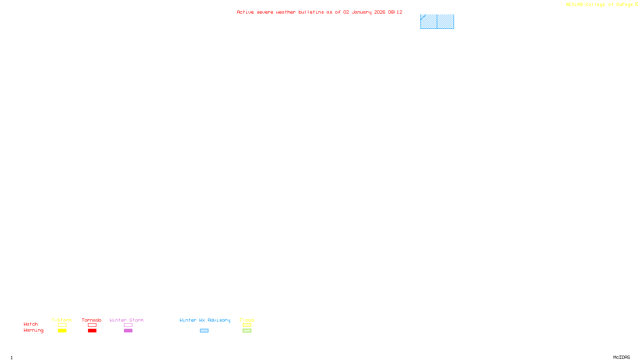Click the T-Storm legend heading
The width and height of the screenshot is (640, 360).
tap(62, 320)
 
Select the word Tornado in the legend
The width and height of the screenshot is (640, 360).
tap(92, 320)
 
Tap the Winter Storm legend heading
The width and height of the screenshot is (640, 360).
tap(126, 320)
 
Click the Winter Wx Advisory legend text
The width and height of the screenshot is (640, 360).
tap(205, 320)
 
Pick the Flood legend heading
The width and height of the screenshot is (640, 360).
tap(247, 320)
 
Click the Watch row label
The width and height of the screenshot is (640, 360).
tap(31, 324)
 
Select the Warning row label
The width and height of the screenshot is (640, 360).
tap(34, 330)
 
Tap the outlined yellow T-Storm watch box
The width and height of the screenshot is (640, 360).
tap(62, 325)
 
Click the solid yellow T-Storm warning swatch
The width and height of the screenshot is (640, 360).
tap(62, 331)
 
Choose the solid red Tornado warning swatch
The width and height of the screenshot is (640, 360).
tap(92, 331)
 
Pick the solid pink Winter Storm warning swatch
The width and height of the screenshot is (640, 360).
tap(128, 331)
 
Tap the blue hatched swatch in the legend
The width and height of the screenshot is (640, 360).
tap(204, 331)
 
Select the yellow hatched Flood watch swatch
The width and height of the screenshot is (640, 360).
tap(247, 325)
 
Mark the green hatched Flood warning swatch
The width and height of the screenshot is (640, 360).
tap(247, 331)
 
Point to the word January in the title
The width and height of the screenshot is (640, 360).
tap(362, 12)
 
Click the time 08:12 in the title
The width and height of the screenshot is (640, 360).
tap(395, 12)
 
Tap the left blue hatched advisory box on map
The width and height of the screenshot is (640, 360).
tap(428, 22)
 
